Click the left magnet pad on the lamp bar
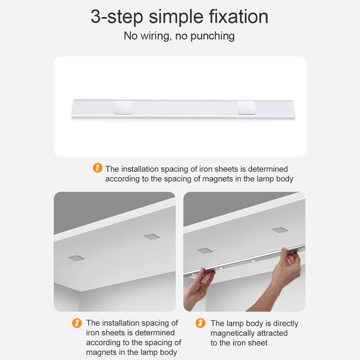[123, 108]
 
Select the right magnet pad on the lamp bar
[246, 108]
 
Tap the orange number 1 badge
[98, 168]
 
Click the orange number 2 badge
[77, 323]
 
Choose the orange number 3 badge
[201, 323]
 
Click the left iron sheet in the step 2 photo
[76, 258]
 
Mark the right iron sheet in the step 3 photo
[280, 230]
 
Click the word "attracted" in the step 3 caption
[273, 333]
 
